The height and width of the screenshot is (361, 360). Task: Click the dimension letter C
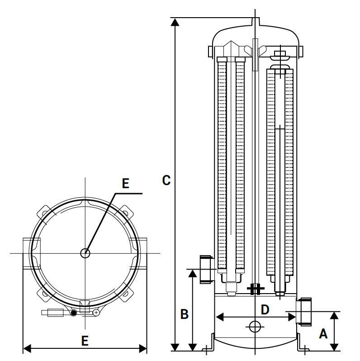pyautogui.click(x=166, y=180)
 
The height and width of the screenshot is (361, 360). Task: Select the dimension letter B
pyautogui.click(x=184, y=314)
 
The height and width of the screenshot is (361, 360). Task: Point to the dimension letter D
pyautogui.click(x=265, y=309)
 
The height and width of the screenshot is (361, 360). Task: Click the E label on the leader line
pyautogui.click(x=126, y=183)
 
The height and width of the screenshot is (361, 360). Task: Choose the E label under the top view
pyautogui.click(x=85, y=341)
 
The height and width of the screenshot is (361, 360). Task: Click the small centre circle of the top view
pyautogui.click(x=85, y=253)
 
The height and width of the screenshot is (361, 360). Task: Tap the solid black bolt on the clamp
pyautogui.click(x=73, y=313)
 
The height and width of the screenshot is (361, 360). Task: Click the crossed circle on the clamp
pyautogui.click(x=96, y=312)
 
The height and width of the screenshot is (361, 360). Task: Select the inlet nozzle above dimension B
pyautogui.click(x=206, y=269)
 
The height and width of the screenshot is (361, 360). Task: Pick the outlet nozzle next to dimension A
pyautogui.click(x=304, y=311)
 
